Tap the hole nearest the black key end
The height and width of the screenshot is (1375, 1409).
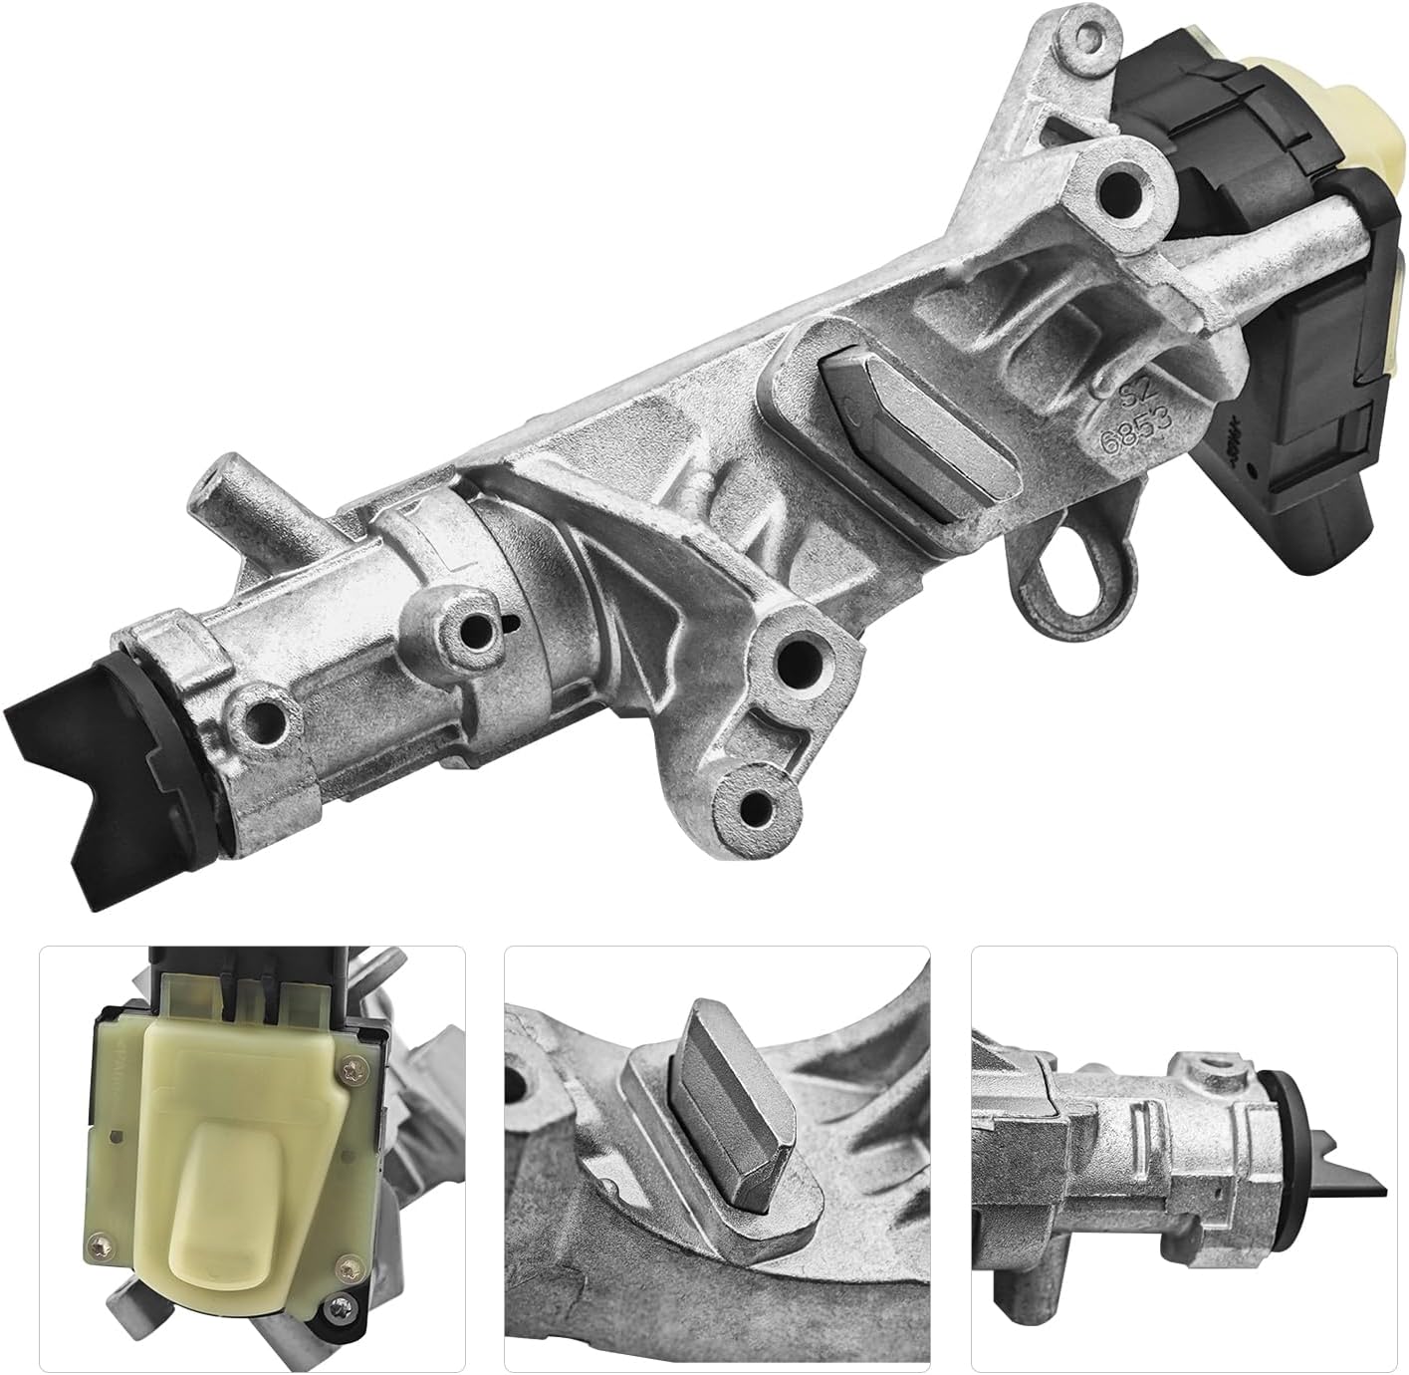(x=261, y=714)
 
